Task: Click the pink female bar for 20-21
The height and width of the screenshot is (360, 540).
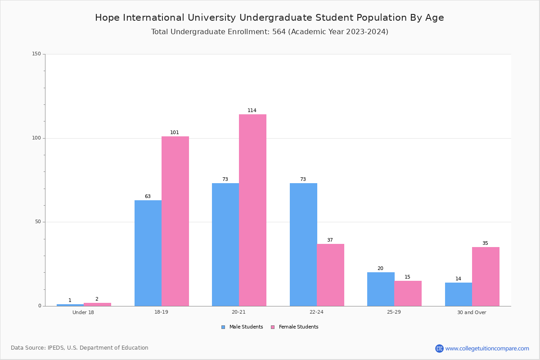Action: (252, 210)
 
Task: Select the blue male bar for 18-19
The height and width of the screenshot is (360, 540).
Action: (148, 253)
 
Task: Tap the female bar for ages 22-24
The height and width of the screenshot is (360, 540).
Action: (330, 275)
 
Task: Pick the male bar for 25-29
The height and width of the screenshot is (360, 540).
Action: (381, 289)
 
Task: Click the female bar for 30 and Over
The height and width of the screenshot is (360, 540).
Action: (486, 277)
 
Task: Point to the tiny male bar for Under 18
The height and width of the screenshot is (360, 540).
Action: (70, 305)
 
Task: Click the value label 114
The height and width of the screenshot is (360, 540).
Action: (252, 110)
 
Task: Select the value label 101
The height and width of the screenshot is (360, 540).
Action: (175, 132)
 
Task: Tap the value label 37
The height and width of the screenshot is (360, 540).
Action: (330, 240)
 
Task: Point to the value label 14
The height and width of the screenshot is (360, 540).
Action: (458, 279)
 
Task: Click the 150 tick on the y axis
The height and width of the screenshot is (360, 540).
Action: (36, 54)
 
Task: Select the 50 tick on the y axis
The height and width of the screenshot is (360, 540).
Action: (38, 222)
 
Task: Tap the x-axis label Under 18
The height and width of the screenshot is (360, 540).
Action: (83, 312)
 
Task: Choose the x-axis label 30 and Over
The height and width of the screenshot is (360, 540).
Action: (472, 312)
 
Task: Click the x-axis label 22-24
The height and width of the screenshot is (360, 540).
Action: (316, 312)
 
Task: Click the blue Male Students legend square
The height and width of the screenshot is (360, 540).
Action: (223, 327)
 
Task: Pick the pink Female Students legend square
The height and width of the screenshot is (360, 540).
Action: (273, 327)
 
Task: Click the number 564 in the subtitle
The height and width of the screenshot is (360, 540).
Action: (279, 32)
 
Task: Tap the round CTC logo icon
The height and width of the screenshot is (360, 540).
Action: (439, 348)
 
